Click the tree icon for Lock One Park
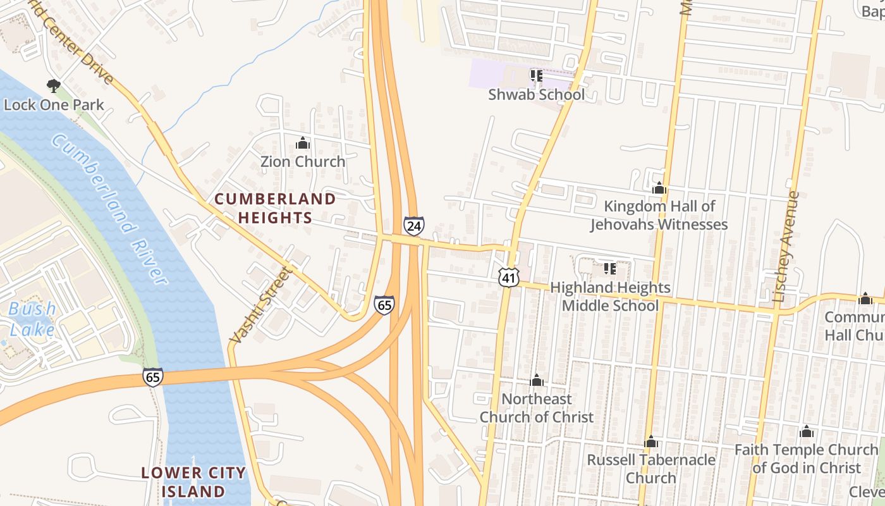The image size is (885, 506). point(54,85)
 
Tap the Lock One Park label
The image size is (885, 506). point(54,104)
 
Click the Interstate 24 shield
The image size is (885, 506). point(413,225)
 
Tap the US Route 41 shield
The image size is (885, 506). point(508,276)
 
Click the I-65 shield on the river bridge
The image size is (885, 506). point(152,377)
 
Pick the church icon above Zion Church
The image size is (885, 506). point(303,144)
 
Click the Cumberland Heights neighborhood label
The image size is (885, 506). point(275,208)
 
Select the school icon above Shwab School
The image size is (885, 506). point(537,77)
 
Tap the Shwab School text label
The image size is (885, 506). point(537,95)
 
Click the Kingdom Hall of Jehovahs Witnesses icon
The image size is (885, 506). point(659,188)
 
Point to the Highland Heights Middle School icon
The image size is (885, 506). point(610,269)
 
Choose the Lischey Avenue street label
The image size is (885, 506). point(786,247)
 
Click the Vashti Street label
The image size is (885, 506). point(260,305)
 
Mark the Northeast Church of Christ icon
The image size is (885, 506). point(537,380)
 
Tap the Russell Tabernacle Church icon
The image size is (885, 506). point(651,441)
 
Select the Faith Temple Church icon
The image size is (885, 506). point(806,432)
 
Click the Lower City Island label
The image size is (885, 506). point(193,481)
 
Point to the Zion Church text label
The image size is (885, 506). point(303,162)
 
